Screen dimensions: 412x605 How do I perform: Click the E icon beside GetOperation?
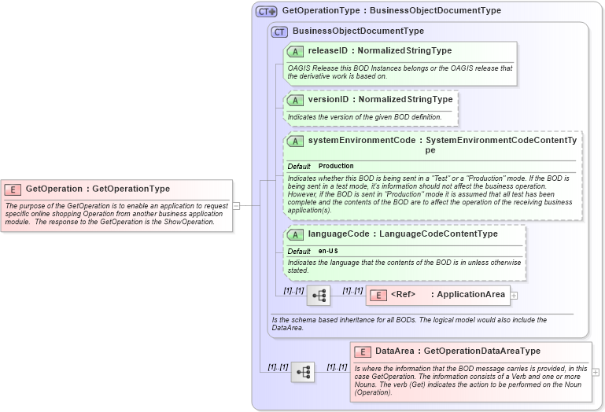13,189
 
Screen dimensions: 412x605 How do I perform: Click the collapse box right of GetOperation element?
236,205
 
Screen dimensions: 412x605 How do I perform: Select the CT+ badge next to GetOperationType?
267,12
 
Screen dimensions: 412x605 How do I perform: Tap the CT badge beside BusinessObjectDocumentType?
279,31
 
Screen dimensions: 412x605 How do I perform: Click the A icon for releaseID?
295,51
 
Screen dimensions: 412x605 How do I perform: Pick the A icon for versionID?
295,100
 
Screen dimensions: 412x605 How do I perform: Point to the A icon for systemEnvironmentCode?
295,141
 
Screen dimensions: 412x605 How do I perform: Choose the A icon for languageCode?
295,234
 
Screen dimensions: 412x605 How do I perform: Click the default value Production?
336,167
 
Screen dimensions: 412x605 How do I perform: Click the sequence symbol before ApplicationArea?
319,296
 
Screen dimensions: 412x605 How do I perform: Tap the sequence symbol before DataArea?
302,372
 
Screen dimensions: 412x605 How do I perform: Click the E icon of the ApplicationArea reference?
378,295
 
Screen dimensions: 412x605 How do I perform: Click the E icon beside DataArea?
363,351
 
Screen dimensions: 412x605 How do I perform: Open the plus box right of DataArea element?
596,372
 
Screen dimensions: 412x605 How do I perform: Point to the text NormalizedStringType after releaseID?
404,51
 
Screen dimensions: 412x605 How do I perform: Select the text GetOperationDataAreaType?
482,351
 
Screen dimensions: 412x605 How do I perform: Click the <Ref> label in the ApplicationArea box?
403,295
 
